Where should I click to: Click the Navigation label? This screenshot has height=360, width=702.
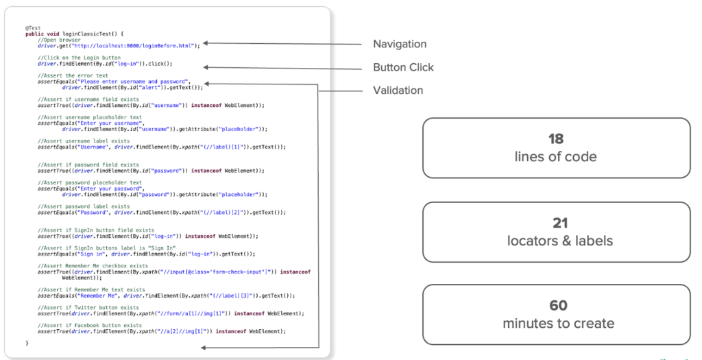click(399, 45)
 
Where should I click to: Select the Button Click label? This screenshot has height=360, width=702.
click(403, 68)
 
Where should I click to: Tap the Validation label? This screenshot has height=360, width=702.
click(398, 91)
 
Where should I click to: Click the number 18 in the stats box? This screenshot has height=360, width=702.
click(555, 140)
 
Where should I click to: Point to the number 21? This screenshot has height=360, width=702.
click(555, 224)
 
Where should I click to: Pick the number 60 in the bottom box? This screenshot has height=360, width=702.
click(555, 307)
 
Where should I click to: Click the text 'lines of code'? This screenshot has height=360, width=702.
click(555, 156)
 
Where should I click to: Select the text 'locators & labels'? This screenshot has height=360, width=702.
click(555, 240)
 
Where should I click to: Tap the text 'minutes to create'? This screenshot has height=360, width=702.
click(555, 323)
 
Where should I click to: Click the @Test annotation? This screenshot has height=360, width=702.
click(33, 28)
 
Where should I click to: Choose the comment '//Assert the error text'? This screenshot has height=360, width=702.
click(73, 75)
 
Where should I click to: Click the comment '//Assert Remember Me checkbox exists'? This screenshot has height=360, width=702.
click(93, 265)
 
